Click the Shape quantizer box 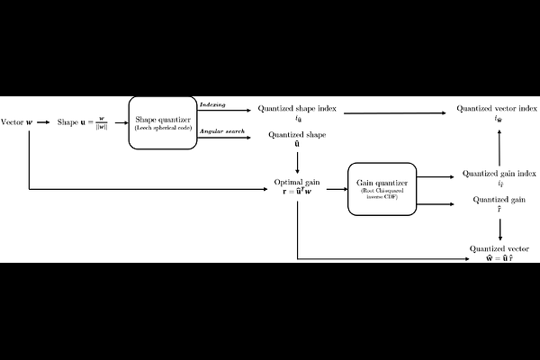(x=163, y=121)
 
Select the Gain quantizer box (x=382, y=187)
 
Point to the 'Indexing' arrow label (x=212, y=105)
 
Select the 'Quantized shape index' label (x=297, y=110)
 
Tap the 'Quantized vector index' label (x=492, y=110)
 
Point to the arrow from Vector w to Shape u (x=44, y=121)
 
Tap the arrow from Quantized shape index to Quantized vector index (x=396, y=112)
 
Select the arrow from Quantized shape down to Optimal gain (x=297, y=162)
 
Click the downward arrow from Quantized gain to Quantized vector (x=499, y=228)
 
